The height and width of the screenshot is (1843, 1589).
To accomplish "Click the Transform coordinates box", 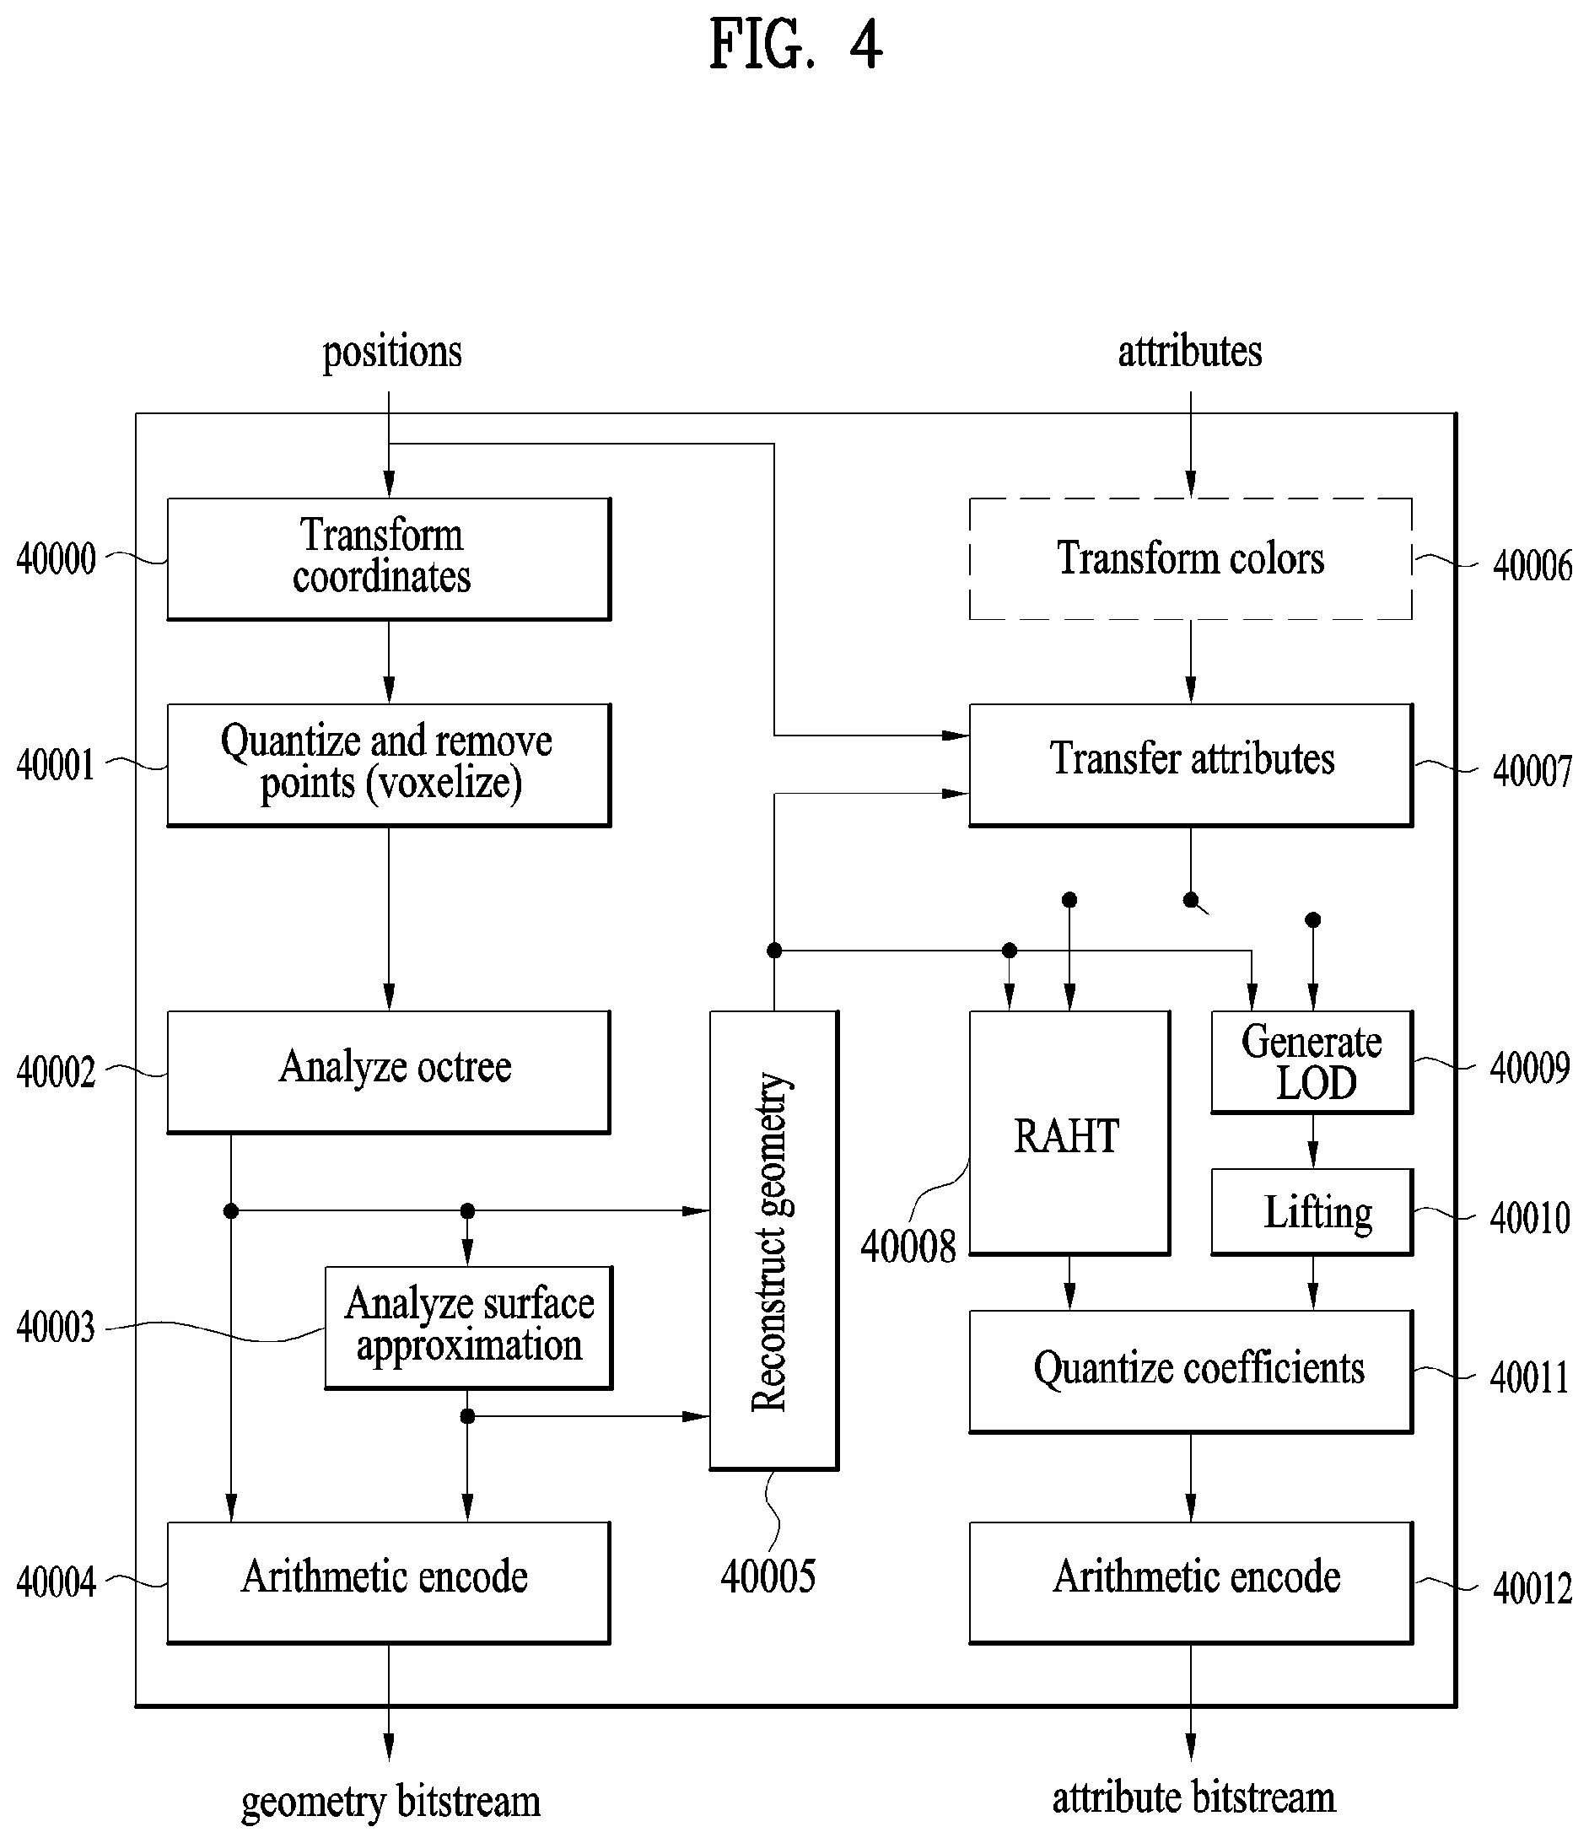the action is coord(389,558).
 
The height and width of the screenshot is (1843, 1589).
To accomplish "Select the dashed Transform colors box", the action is coord(1191,558).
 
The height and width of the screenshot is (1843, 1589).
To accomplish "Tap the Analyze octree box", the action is coord(389,1072).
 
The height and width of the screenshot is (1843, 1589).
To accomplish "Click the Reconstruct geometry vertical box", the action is coord(773,1240).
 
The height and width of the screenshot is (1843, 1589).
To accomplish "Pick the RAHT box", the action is coord(1069,1133).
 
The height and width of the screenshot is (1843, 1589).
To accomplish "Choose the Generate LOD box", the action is coord(1312,1062).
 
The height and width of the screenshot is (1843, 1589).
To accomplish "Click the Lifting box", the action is coord(1312,1212).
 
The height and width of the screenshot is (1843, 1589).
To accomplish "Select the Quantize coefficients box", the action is coord(1191,1371).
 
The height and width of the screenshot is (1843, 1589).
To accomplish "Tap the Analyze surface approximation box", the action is coord(469,1328).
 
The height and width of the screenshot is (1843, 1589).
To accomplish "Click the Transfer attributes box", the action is coord(1191,765).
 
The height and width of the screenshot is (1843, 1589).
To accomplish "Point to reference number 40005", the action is coord(768,1576).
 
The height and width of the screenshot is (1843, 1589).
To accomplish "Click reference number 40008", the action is coord(908,1246).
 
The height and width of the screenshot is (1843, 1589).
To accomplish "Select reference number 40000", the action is coord(56,559).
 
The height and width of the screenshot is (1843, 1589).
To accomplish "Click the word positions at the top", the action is coord(392,353).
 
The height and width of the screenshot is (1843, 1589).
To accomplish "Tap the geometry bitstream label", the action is coord(391,1801).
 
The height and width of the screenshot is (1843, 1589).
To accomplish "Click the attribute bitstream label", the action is coord(1193,1797).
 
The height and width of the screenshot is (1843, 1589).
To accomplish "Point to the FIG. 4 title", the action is coord(795,45).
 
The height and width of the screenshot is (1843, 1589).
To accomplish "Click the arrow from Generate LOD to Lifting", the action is coord(1312,1141).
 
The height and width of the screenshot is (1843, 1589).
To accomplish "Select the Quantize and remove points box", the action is coord(389,765).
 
